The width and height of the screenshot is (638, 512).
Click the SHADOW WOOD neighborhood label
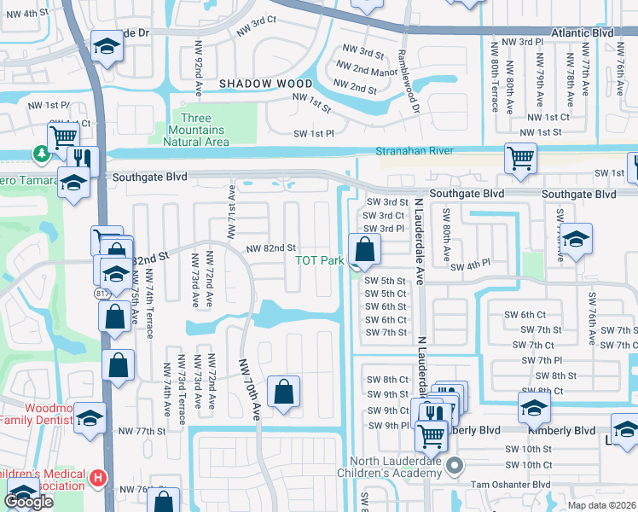(266, 84)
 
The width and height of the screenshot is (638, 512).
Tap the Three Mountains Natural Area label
(201, 130)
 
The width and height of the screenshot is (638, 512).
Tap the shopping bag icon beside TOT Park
(365, 250)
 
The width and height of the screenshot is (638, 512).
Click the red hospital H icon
(99, 477)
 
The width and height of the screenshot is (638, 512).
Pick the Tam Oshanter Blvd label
(512, 484)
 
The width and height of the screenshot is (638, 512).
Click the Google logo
(30, 503)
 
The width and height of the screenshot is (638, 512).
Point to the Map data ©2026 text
(601, 505)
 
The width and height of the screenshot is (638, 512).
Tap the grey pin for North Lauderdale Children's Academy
(455, 466)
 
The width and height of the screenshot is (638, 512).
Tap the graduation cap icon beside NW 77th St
(90, 419)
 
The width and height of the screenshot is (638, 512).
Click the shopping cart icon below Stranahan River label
(520, 158)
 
